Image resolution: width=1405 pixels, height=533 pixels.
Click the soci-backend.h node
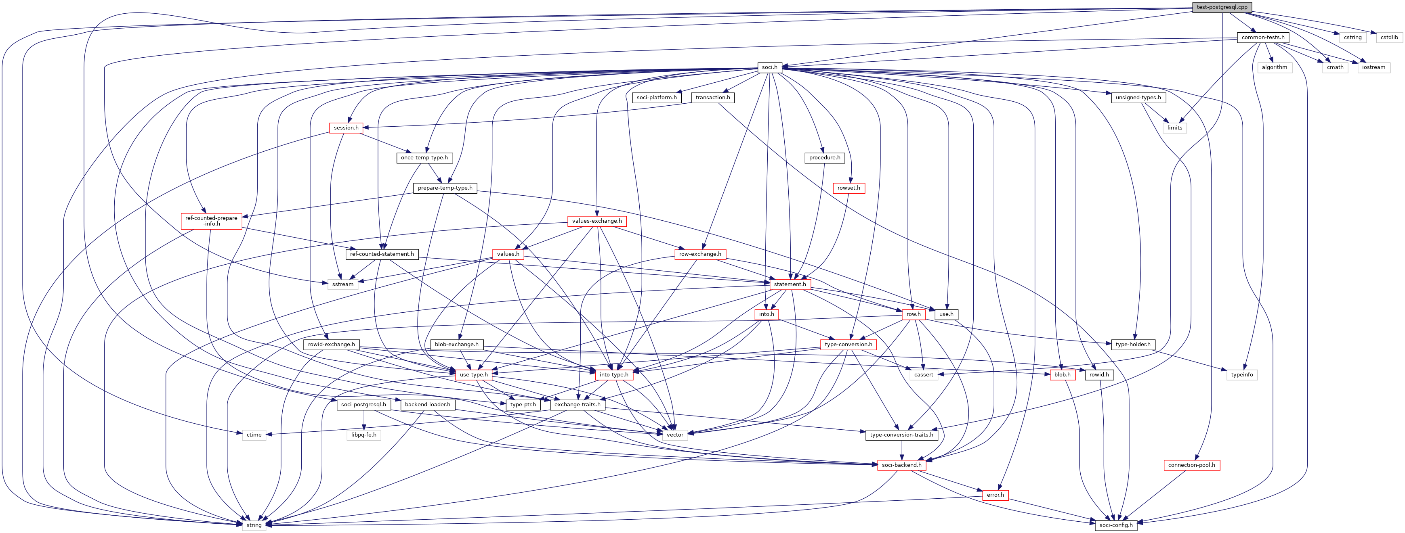pyautogui.click(x=901, y=465)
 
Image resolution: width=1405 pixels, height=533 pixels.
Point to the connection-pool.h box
pyautogui.click(x=1191, y=465)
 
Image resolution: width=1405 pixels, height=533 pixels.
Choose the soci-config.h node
pyautogui.click(x=1116, y=525)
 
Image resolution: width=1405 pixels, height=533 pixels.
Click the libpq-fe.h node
pyautogui.click(x=364, y=435)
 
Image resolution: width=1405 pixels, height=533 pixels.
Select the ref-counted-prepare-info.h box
pyautogui.click(x=211, y=221)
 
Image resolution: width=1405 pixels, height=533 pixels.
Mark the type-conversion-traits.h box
pyautogui.click(x=901, y=435)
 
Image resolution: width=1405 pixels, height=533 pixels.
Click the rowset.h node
pyautogui.click(x=848, y=188)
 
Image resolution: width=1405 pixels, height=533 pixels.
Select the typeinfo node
pyautogui.click(x=1242, y=375)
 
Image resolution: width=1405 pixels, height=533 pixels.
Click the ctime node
pyautogui.click(x=254, y=435)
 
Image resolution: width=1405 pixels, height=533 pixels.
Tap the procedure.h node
pyautogui.click(x=824, y=157)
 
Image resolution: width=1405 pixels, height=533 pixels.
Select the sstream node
pyautogui.click(x=343, y=284)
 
